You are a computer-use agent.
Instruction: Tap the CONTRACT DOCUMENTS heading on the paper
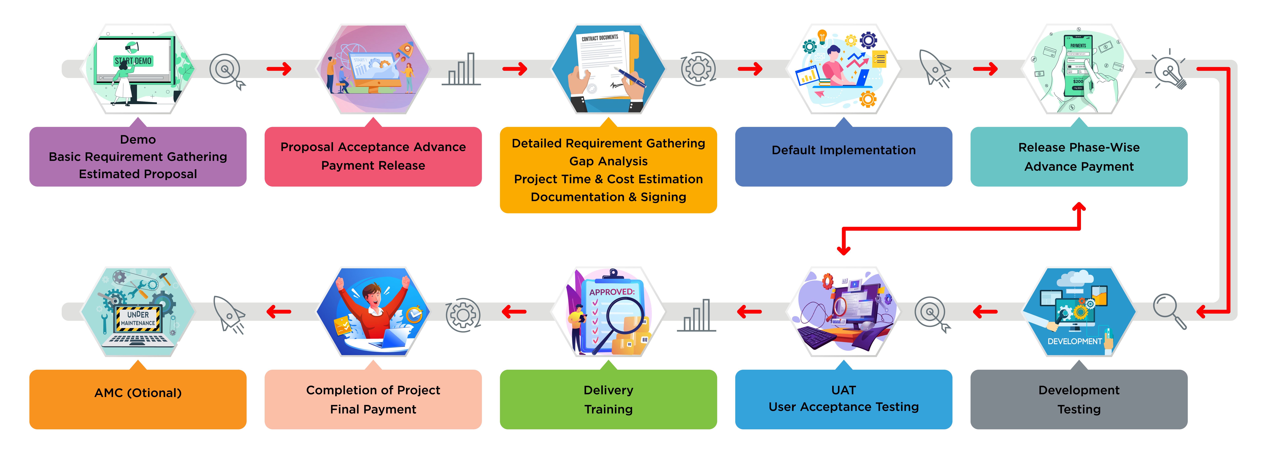coord(600,38)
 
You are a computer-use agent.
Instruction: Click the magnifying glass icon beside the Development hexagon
coord(1169,310)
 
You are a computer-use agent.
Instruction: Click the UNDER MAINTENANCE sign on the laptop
coord(138,319)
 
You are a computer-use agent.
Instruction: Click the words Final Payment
coord(373,409)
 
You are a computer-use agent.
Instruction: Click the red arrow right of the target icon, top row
coord(279,69)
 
